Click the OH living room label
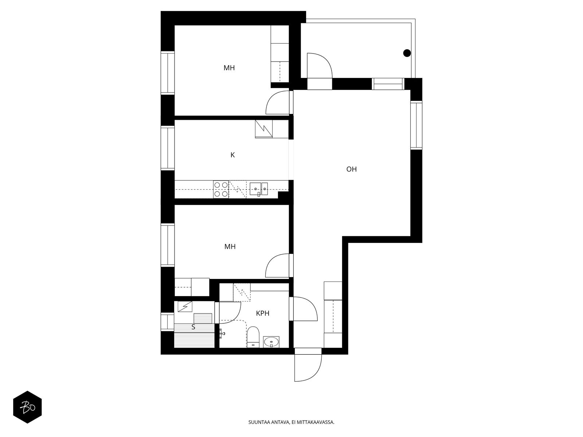point(351,169)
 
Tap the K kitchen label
point(232,155)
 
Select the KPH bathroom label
point(262,313)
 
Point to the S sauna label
point(193,327)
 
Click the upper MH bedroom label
point(229,68)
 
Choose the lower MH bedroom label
point(230,247)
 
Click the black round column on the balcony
point(407,53)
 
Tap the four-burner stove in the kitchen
point(221,189)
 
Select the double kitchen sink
point(258,189)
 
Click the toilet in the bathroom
point(253,337)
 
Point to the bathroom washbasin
point(271,342)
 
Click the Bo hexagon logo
point(27,407)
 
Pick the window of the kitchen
point(168,148)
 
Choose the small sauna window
point(167,322)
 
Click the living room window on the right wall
point(416,125)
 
